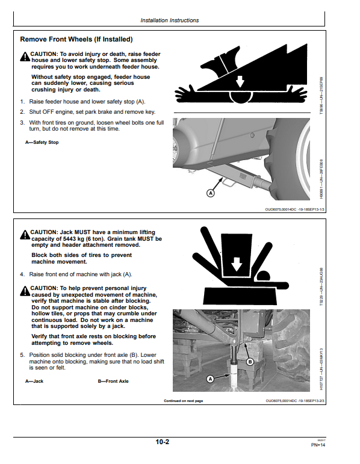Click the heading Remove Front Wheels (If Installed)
click(x=76, y=39)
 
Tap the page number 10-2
click(x=162, y=442)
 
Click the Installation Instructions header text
click(x=169, y=20)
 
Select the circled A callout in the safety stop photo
click(x=210, y=193)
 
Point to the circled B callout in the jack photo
click(x=250, y=362)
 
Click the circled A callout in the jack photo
click(x=210, y=379)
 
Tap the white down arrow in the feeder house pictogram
click(x=240, y=81)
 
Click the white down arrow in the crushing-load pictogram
click(x=236, y=264)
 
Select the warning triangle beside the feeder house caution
click(x=25, y=57)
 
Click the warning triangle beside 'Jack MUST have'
click(x=25, y=235)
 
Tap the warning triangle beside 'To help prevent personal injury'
click(x=25, y=291)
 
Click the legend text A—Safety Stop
click(x=42, y=143)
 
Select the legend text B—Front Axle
click(x=113, y=381)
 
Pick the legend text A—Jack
click(x=34, y=381)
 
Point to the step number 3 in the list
click(x=22, y=123)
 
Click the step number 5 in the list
click(x=22, y=355)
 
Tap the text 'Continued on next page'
click(x=183, y=401)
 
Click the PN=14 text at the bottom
click(x=318, y=445)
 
